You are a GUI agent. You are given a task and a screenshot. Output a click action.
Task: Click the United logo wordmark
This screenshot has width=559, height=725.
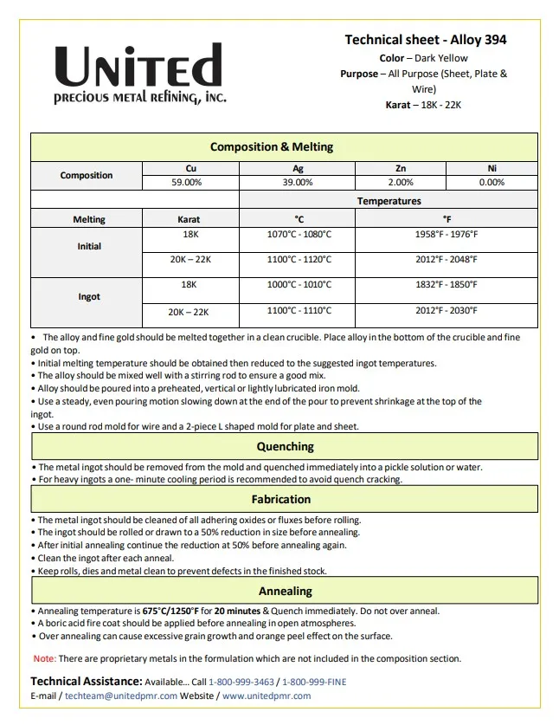[x=139, y=67]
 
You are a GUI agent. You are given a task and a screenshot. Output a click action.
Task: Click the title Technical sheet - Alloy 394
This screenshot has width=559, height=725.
[x=425, y=40]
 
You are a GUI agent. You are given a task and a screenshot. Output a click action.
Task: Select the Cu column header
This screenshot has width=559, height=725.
[x=190, y=168]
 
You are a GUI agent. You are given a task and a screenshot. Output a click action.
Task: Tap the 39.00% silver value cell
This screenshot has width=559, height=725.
[x=298, y=183]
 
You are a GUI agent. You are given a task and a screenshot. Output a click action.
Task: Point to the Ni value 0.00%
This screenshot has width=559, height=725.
[x=492, y=183]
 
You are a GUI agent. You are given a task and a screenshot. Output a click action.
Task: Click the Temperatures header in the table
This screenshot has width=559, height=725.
[x=389, y=201]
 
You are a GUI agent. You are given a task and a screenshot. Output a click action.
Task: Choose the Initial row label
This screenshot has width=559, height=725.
[x=89, y=247]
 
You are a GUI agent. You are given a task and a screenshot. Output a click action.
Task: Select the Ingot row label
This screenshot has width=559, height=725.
[x=89, y=297]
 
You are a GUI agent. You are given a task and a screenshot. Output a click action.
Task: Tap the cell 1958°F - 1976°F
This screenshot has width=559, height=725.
[x=447, y=235]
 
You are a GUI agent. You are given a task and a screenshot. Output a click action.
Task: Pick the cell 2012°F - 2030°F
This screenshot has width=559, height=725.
[x=447, y=310]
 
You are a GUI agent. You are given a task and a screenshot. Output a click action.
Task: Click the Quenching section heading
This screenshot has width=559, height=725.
[x=285, y=447]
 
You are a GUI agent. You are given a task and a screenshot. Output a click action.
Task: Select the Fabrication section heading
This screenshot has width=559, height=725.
[x=281, y=499]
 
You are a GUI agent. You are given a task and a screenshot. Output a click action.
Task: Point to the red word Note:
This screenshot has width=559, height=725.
[x=45, y=659]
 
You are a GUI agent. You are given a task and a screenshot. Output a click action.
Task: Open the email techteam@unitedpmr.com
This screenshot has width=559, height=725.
[x=121, y=696]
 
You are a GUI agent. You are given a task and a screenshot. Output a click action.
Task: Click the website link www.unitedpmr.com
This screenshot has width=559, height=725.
[x=267, y=696]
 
